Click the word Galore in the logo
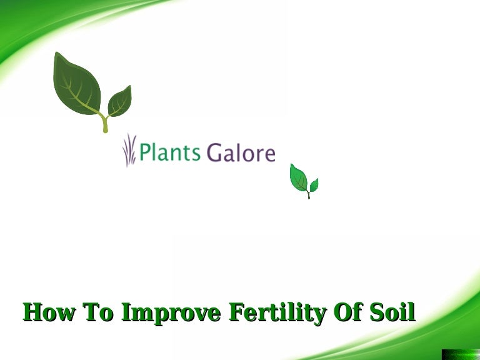coord(241,152)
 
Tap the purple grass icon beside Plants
coord(129,151)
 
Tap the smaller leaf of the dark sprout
coord(119,101)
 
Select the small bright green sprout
coord(304,181)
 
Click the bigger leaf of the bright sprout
coord(299,178)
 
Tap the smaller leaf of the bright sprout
coord(314,185)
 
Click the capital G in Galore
coord(214,152)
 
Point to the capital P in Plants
coord(145,152)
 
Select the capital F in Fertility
coord(238,312)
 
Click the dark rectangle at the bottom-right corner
coord(460,354)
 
